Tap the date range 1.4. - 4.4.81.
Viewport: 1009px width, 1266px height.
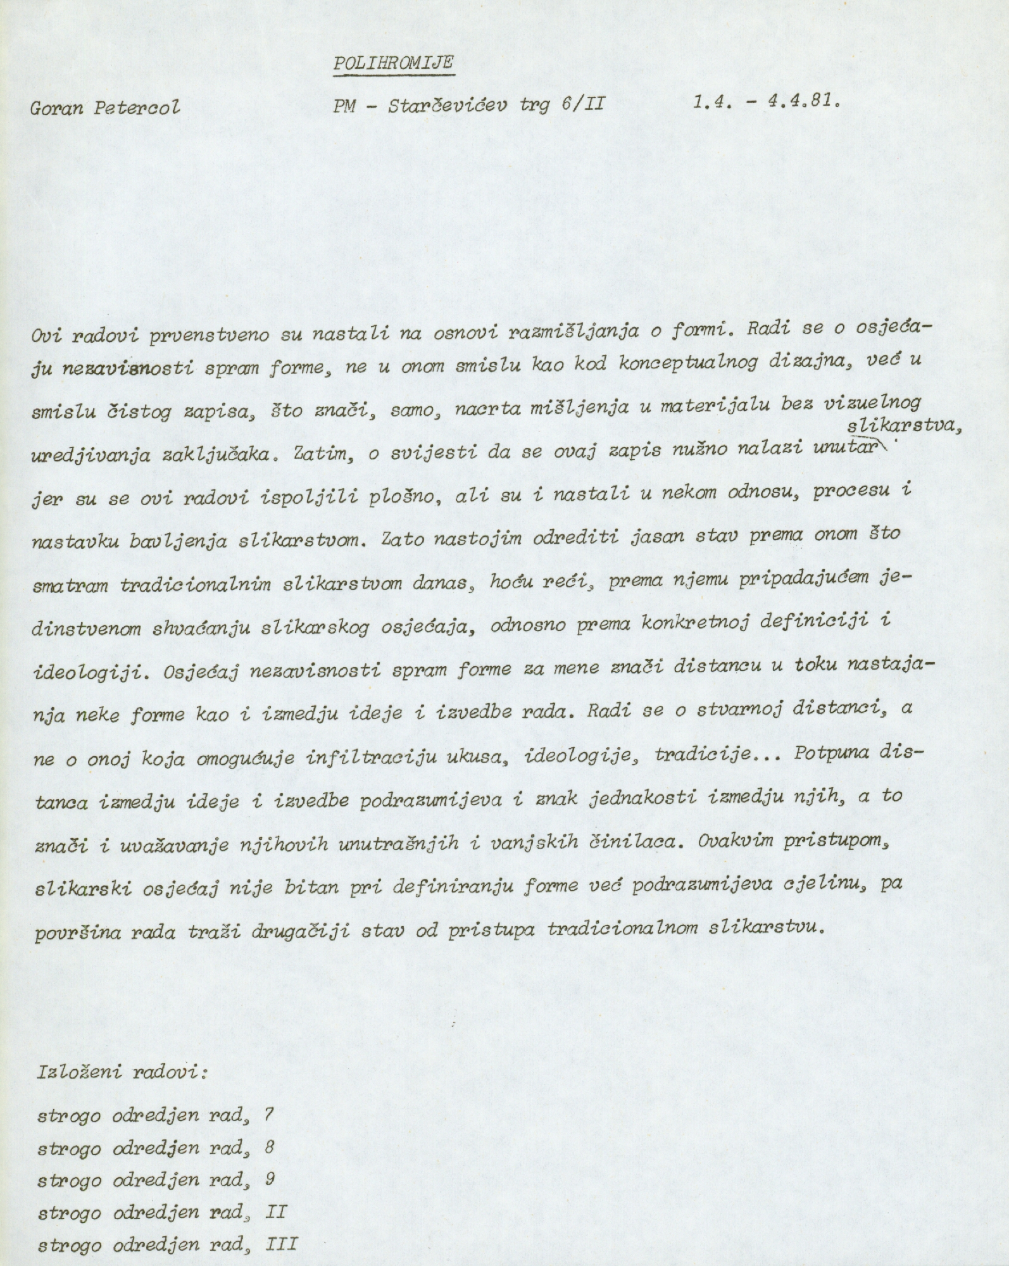click(x=766, y=103)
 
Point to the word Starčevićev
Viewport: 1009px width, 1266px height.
click(x=446, y=105)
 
